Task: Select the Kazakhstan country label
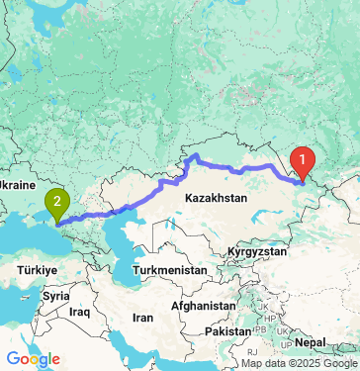coord(215,198)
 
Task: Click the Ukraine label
coord(17,185)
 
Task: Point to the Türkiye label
coord(36,268)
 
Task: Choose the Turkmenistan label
coord(171,270)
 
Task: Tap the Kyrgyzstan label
coord(261,253)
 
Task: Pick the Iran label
coord(144,319)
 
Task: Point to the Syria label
coord(55,296)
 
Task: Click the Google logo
coord(33,358)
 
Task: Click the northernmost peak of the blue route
coord(195,155)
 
